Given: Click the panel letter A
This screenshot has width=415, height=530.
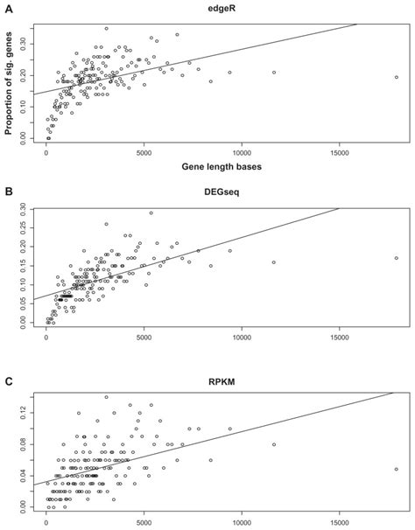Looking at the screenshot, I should pos(8,7).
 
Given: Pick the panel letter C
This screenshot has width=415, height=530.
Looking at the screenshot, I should pos(8,381).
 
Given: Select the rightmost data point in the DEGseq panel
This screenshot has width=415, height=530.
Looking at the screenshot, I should pos(397,258).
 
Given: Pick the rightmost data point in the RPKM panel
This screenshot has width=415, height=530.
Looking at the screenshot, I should pos(397,469).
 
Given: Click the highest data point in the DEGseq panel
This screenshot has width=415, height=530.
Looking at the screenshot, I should pos(151,213).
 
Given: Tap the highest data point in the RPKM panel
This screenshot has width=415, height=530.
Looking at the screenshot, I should pos(107,396).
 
